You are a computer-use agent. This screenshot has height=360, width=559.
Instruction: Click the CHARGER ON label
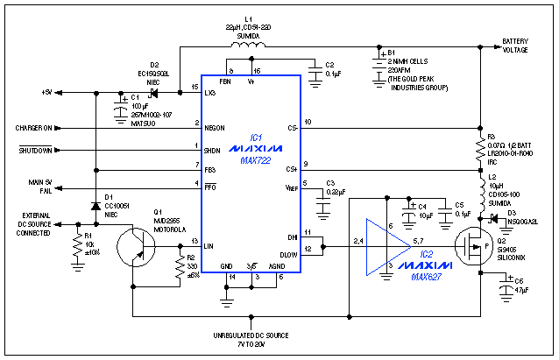(33, 128)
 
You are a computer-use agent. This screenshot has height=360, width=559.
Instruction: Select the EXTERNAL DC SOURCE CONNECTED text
(34, 225)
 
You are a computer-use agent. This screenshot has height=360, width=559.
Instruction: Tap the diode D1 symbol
(95, 207)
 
